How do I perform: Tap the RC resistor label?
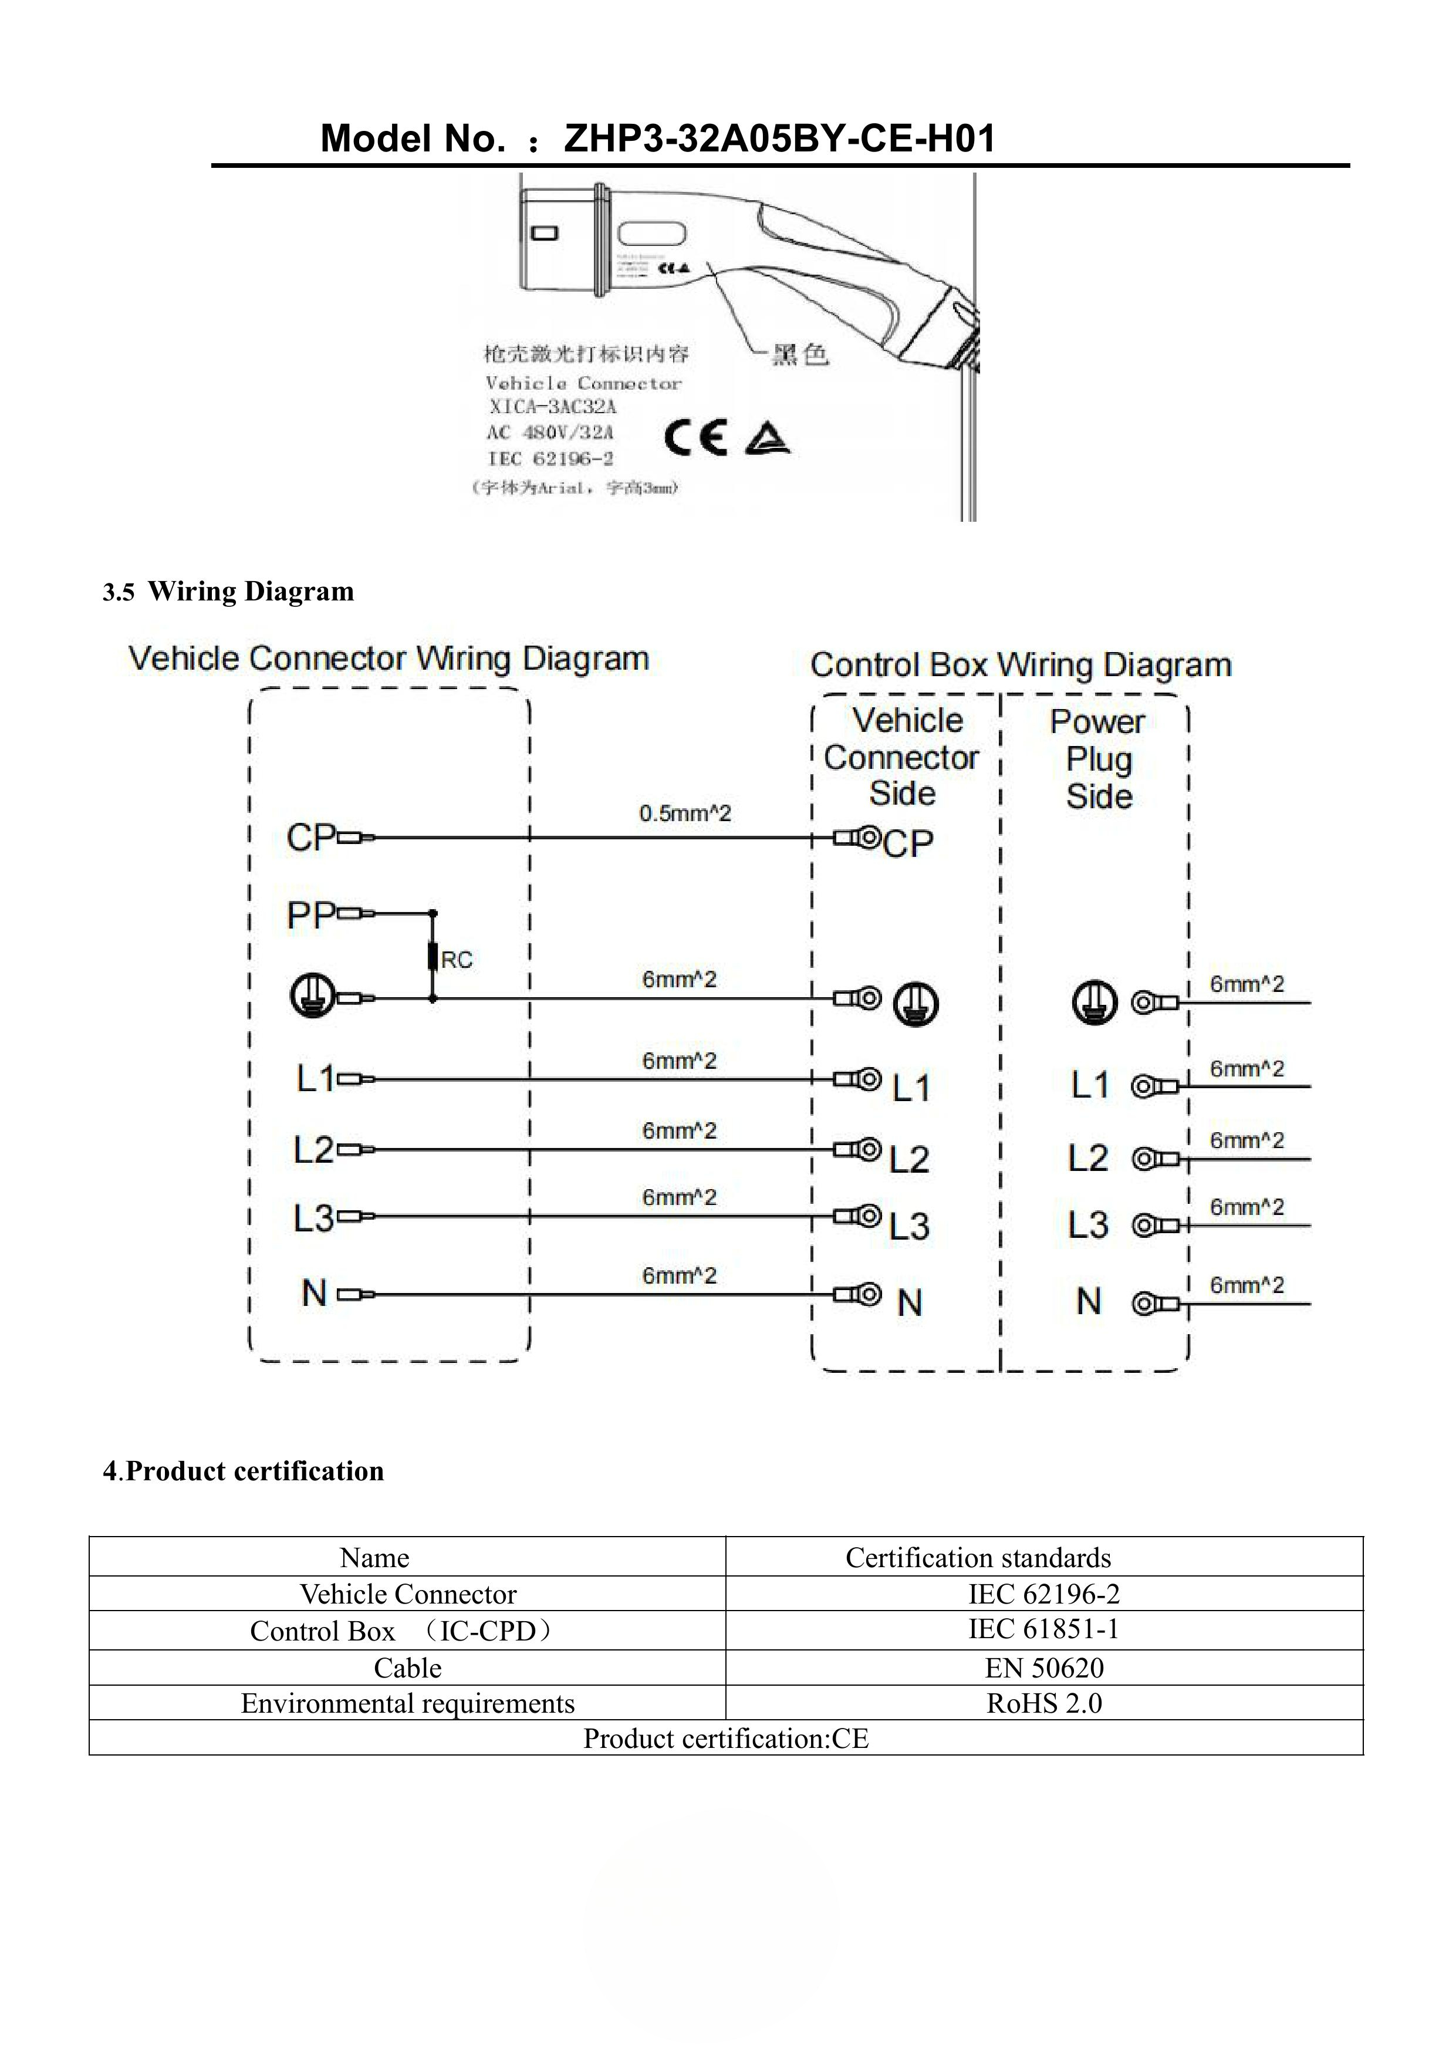point(457,960)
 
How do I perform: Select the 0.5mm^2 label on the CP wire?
point(685,814)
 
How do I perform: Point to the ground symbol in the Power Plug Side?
point(1094,1003)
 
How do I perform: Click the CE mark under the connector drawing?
point(695,438)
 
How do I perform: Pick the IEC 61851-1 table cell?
point(1043,1629)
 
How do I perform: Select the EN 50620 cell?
point(1043,1668)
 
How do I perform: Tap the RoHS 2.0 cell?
point(1043,1703)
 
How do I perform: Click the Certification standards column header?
point(978,1558)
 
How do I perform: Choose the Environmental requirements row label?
point(407,1703)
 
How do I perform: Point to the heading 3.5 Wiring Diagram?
point(229,592)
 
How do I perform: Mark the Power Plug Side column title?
point(1098,759)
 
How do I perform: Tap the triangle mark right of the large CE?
point(766,438)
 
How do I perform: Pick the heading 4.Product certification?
point(243,1471)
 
